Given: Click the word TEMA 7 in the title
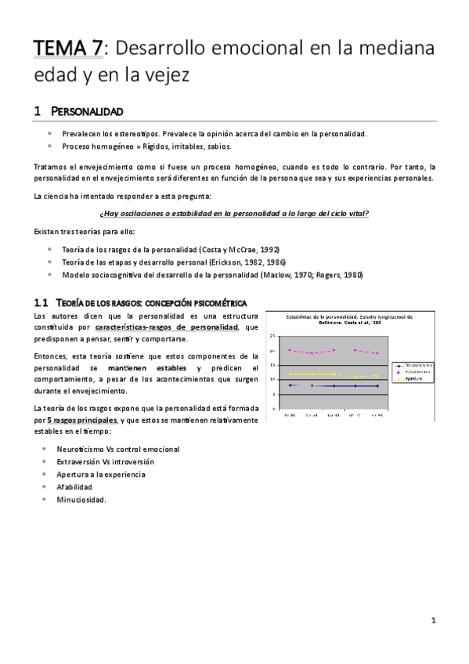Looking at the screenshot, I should (67, 48).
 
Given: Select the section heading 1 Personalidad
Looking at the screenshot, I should (78, 111).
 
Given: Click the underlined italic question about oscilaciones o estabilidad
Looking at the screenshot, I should (234, 213).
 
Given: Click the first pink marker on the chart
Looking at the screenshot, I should (289, 350).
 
